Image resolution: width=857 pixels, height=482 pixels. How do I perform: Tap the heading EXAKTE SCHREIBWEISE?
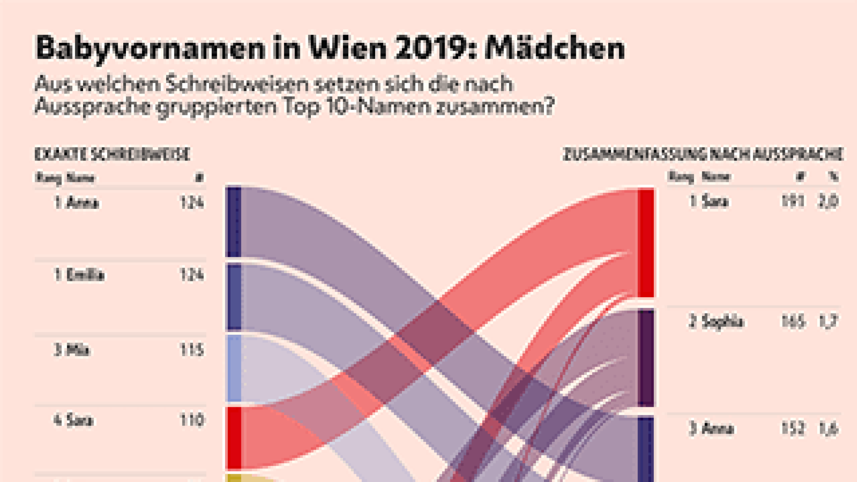point(112,154)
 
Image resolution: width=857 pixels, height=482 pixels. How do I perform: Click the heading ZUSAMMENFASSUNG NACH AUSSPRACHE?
point(702,154)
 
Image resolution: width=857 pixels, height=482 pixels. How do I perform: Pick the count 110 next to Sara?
point(192,420)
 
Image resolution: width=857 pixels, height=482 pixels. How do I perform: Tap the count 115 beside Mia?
point(192,350)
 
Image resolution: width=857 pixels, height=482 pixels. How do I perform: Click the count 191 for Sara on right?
point(792,201)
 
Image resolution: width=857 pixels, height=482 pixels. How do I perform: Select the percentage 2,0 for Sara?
point(828,201)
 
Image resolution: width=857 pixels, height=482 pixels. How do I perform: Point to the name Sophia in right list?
point(722,322)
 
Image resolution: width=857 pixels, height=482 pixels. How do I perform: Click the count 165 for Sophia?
point(792,322)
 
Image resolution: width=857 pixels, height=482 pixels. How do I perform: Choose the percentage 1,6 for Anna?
point(828,429)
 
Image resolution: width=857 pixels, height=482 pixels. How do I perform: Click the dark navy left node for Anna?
point(233,222)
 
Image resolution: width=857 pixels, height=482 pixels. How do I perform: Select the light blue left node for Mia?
point(233,368)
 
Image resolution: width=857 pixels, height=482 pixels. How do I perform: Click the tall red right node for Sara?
point(646,243)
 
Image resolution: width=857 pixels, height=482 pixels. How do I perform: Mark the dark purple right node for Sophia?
point(646,358)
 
